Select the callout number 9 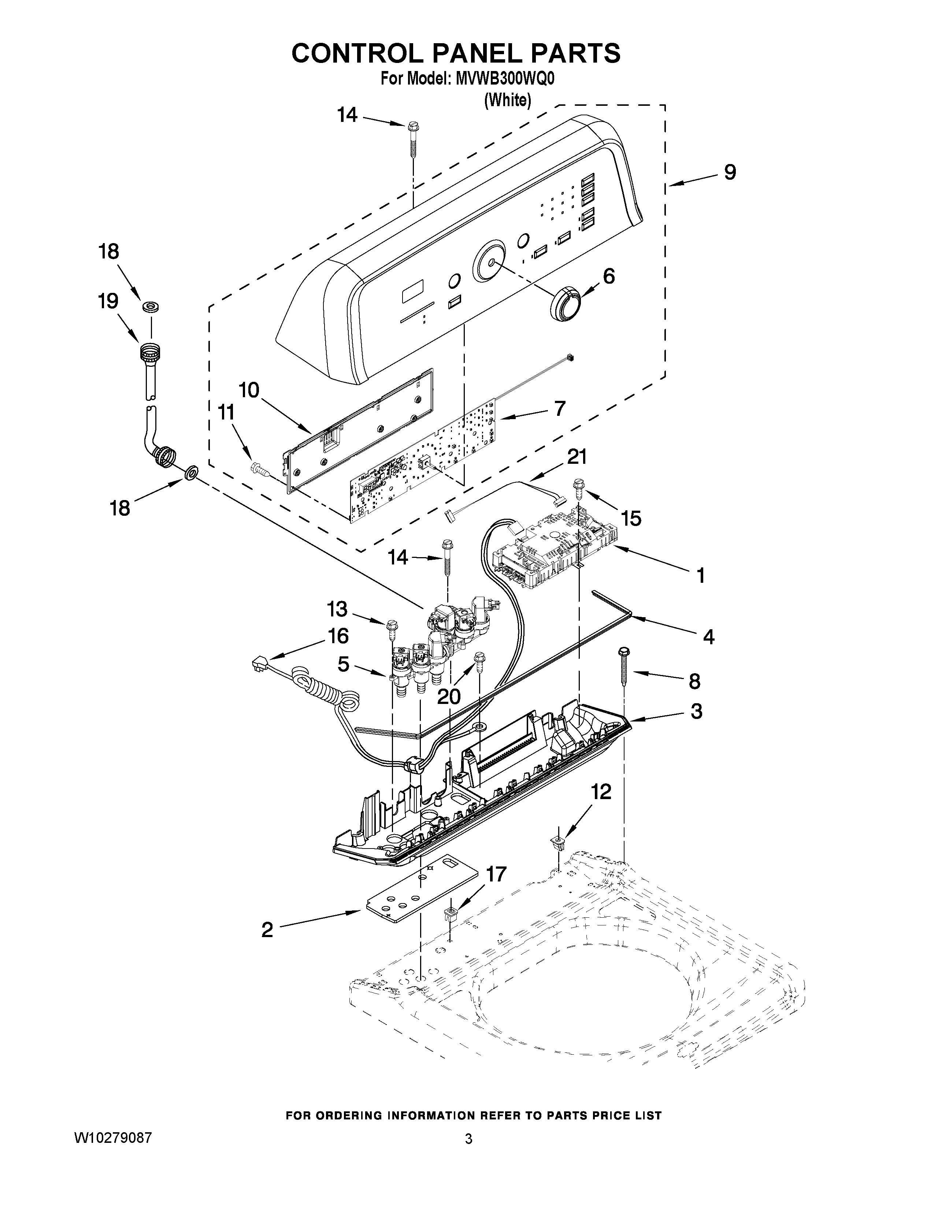(x=730, y=172)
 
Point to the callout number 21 (x=577, y=457)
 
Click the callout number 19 (x=108, y=301)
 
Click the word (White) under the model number (x=507, y=100)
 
